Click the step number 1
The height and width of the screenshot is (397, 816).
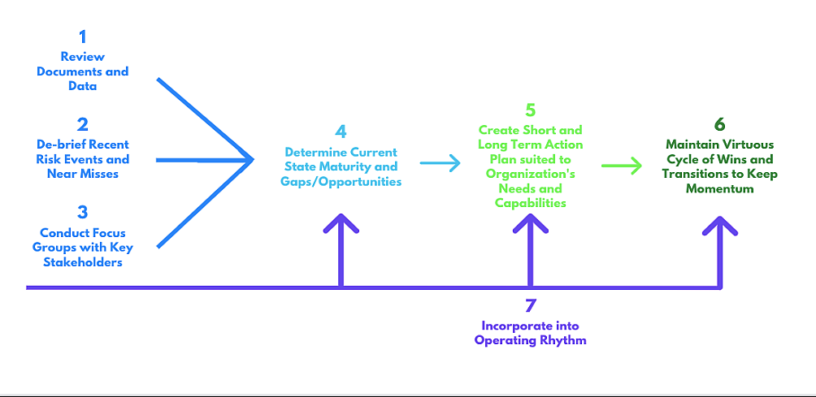82,37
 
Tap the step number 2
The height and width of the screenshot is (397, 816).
82,125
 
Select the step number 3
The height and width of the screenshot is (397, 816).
82,212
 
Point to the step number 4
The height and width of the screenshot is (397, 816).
341,132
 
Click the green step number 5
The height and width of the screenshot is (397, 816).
530,110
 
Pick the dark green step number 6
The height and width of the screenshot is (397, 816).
720,125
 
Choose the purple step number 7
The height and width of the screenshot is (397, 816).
530,305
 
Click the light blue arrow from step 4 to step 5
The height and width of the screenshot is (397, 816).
440,162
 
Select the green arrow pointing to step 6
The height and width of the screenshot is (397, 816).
622,166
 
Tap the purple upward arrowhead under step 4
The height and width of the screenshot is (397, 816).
341,223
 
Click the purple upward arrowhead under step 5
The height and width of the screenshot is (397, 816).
530,223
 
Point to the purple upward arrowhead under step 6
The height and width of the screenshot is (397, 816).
720,225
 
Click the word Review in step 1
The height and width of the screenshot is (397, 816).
83,57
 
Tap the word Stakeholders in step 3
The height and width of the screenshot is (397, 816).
83,262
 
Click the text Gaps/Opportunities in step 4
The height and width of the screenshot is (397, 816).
341,182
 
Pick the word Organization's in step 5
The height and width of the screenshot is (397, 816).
530,174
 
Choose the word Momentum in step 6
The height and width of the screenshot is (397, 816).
720,188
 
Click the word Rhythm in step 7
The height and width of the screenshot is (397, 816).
563,341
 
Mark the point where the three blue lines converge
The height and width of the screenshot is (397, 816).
253,159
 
